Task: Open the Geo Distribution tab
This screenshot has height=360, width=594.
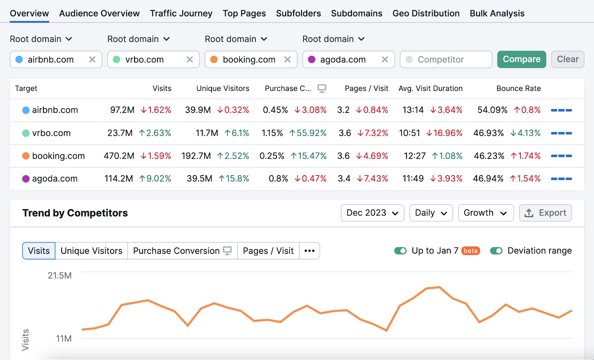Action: tap(426, 13)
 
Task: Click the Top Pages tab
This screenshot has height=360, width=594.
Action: tap(244, 13)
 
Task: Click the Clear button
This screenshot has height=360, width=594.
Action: tap(567, 59)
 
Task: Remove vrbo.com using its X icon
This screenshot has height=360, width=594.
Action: tap(190, 59)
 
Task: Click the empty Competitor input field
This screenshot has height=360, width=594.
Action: tap(446, 59)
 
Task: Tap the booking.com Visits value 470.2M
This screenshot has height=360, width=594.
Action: tap(119, 156)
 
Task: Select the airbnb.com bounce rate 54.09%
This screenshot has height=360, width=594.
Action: tap(492, 110)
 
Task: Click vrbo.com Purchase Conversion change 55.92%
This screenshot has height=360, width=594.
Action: tap(308, 133)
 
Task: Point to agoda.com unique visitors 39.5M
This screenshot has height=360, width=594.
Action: tap(199, 179)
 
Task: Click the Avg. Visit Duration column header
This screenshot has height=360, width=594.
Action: tap(430, 88)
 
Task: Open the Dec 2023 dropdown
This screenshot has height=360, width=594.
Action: tap(372, 213)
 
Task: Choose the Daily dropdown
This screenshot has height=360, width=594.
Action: tap(431, 213)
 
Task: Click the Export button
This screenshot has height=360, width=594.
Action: tap(545, 213)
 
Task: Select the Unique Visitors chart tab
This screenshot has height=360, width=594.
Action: tap(91, 251)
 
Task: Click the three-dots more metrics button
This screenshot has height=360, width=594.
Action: tap(309, 251)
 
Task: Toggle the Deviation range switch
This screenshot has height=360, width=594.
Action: tap(496, 251)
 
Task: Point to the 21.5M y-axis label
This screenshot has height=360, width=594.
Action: tap(59, 275)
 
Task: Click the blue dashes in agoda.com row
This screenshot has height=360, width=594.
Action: tap(561, 179)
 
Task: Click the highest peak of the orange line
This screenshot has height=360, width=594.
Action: tap(439, 287)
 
